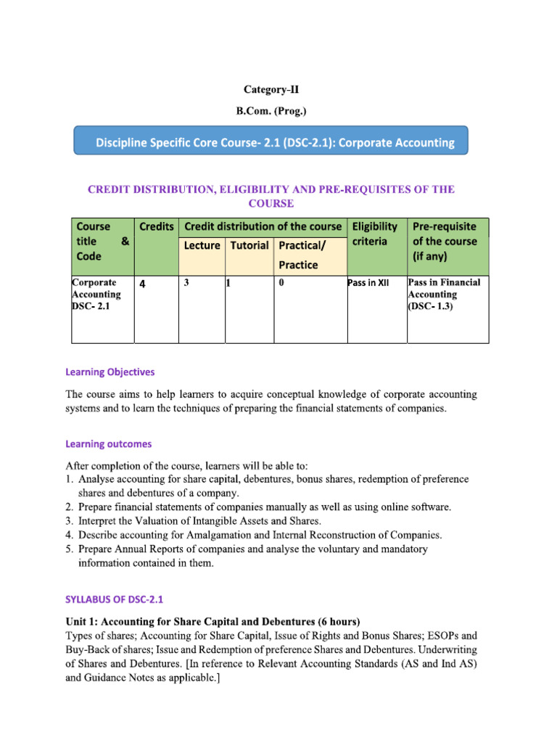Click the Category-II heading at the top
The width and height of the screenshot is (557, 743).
(x=271, y=89)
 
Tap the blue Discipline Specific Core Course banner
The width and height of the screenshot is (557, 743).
(x=271, y=142)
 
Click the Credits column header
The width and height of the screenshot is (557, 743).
(x=156, y=226)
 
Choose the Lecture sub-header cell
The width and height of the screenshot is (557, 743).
(x=202, y=245)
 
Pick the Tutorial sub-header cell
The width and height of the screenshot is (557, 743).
(x=249, y=245)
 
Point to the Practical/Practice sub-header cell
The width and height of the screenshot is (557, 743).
(x=298, y=255)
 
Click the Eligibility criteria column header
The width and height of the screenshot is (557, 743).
(x=374, y=234)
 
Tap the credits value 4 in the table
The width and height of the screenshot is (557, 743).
(x=142, y=284)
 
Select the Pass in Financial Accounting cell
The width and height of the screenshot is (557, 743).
(x=444, y=294)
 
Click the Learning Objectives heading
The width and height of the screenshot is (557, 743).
(x=110, y=371)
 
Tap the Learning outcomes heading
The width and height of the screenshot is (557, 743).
(x=109, y=443)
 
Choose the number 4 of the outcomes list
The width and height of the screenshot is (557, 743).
(x=70, y=535)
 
